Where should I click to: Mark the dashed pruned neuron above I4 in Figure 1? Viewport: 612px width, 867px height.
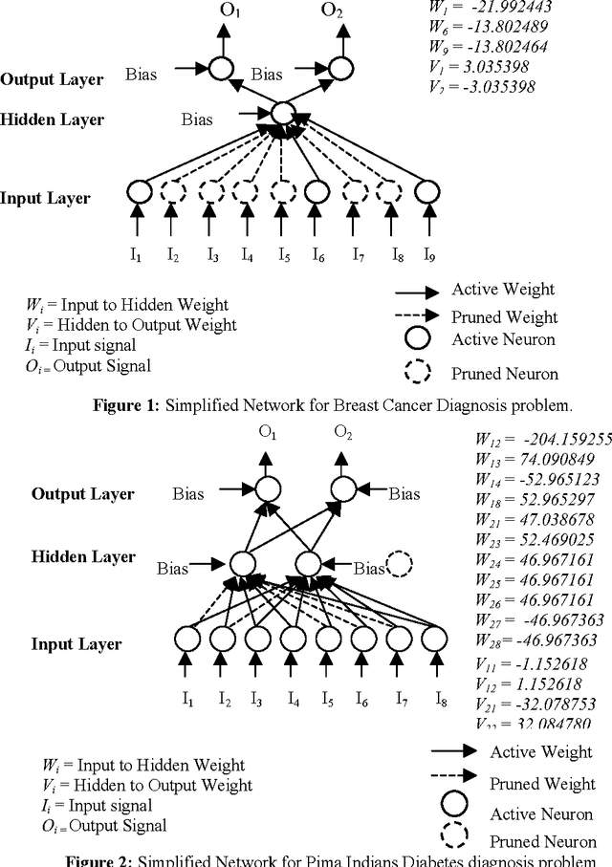click(246, 191)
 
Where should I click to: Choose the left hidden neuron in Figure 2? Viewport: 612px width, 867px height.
click(243, 564)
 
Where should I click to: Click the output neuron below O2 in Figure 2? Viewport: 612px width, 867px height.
click(342, 492)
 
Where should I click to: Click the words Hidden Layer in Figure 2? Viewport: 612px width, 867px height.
click(83, 556)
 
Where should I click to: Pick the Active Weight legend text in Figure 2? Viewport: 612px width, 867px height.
click(541, 752)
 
